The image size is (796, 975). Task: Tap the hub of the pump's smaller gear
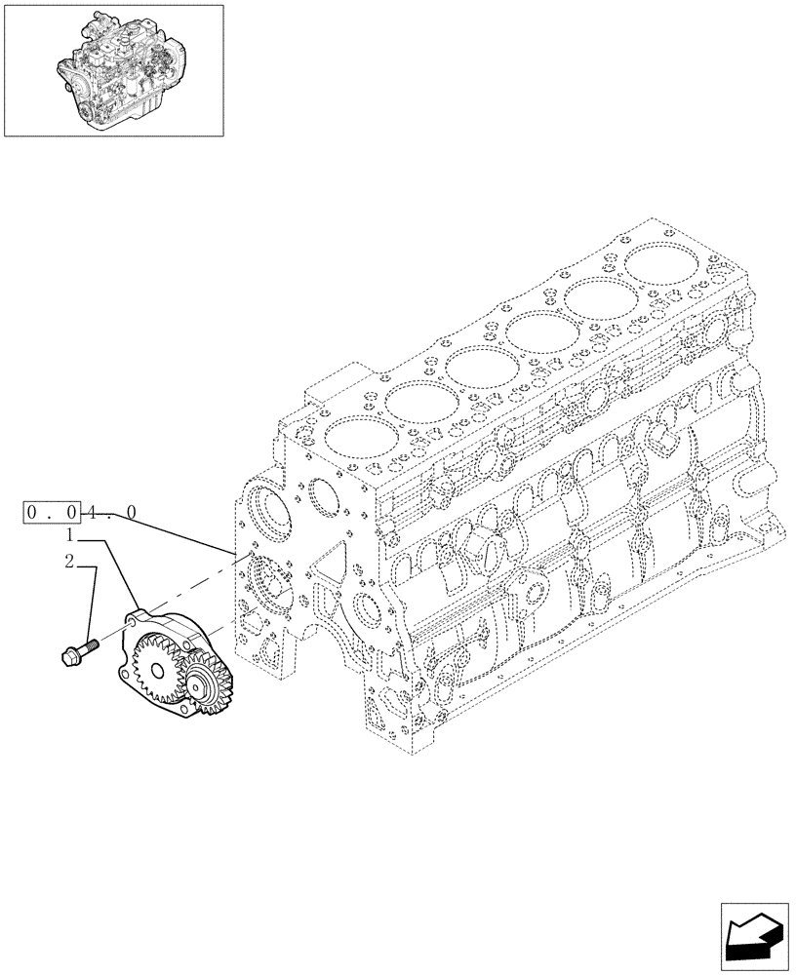[207, 689]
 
